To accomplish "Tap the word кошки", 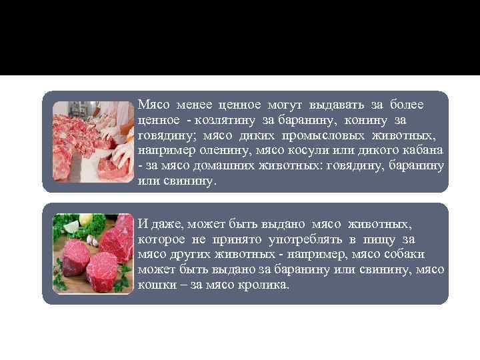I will [x=153, y=285].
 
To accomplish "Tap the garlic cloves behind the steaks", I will [x=94, y=240].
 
